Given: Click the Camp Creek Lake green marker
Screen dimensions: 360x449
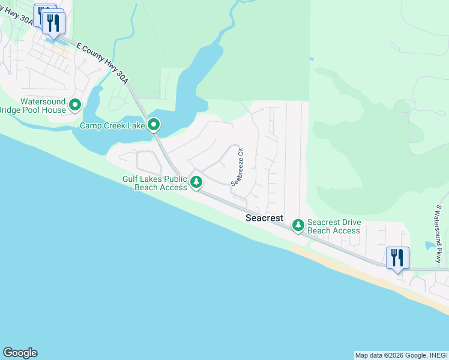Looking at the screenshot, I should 154,125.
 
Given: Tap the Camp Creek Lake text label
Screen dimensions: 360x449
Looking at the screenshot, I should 112,126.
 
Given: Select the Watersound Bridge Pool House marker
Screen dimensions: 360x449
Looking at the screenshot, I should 75,106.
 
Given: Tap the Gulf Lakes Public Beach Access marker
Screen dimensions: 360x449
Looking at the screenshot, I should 196,181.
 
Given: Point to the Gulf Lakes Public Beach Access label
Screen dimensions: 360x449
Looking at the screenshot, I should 155,183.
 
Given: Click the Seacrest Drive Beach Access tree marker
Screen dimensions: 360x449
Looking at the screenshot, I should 298,225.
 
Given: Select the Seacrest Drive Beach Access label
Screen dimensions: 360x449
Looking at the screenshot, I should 334,226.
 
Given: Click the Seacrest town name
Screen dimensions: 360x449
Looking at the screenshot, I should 264,218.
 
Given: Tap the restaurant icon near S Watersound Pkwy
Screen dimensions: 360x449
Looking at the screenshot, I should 397,258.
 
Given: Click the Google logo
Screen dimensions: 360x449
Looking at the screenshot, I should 20,353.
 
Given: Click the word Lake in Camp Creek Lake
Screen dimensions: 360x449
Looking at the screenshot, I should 136,126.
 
